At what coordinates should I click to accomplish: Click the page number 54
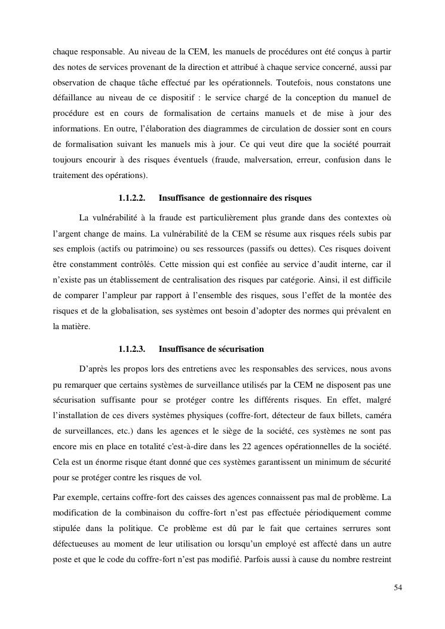pyautogui.click(x=398, y=588)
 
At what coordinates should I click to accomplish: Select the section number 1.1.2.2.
pyautogui.click(x=132, y=198)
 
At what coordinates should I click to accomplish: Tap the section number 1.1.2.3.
pyautogui.click(x=132, y=349)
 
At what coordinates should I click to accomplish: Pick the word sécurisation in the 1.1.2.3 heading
pyautogui.click(x=240, y=349)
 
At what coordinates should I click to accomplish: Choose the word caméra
pyautogui.click(x=377, y=414)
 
